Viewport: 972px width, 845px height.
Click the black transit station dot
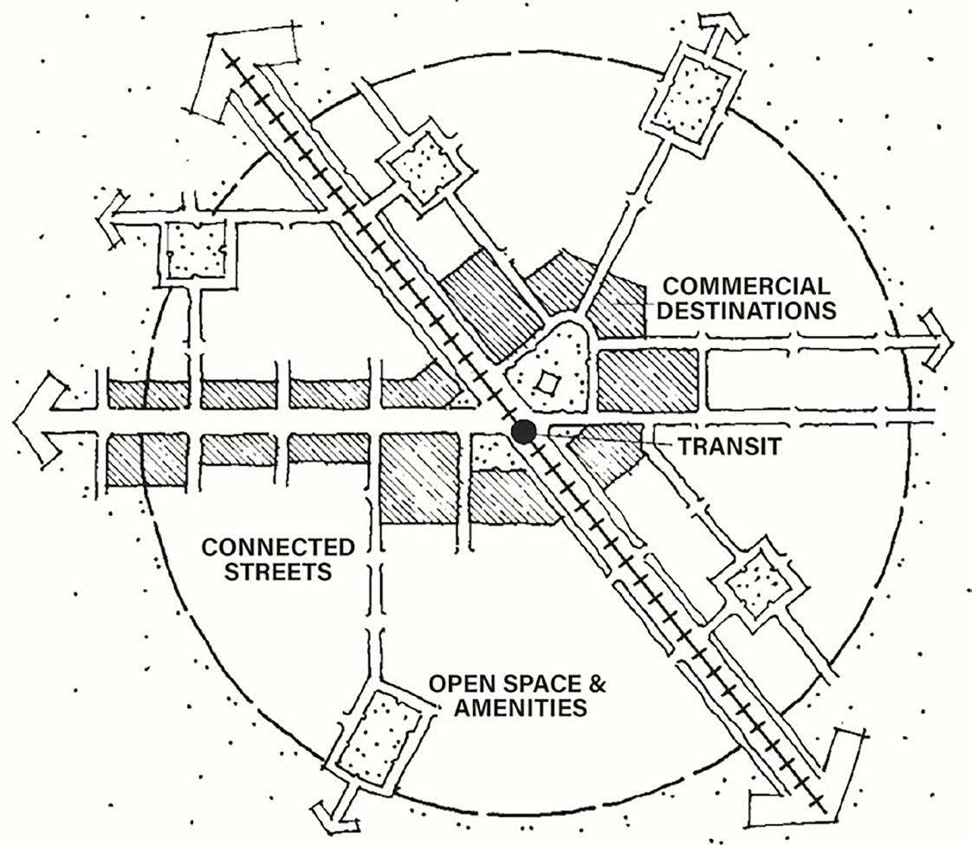[x=522, y=432]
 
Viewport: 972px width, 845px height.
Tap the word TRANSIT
[x=730, y=447]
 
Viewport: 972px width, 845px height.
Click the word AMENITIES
[x=507, y=708]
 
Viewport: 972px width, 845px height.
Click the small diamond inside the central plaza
[x=546, y=381]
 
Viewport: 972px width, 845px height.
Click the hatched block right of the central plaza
[x=648, y=379]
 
